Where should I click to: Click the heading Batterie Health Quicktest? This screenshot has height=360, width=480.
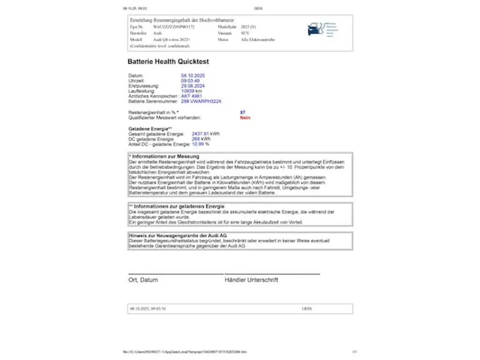click(x=168, y=61)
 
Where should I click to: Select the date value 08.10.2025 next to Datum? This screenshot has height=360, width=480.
click(x=193, y=75)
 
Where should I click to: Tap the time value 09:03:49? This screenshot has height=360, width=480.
click(x=190, y=81)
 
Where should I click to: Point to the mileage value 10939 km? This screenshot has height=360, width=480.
click(x=191, y=91)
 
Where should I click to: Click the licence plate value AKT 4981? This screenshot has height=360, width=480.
click(x=192, y=96)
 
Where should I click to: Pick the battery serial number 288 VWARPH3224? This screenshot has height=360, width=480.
click(x=202, y=101)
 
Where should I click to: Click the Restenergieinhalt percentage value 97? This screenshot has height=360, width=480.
click(x=242, y=112)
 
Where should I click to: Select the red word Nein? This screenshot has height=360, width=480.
click(x=245, y=118)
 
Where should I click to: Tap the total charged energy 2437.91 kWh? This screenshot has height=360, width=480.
click(x=206, y=134)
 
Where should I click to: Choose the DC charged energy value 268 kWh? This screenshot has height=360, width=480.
click(x=201, y=139)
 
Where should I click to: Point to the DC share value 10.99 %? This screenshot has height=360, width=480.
click(x=201, y=144)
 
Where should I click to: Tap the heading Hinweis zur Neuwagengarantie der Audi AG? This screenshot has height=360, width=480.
click(x=178, y=235)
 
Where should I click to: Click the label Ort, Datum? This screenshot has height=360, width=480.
click(x=143, y=280)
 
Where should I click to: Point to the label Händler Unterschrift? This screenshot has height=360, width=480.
click(x=251, y=280)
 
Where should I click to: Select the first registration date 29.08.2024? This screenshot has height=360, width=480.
click(x=193, y=86)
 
